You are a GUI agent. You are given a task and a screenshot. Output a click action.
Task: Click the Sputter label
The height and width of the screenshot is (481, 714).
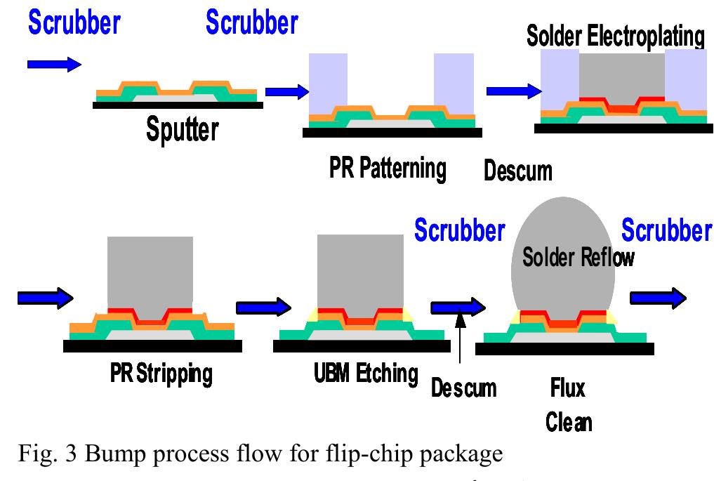click(x=183, y=129)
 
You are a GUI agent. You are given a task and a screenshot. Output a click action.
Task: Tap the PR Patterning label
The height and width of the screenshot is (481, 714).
click(x=388, y=169)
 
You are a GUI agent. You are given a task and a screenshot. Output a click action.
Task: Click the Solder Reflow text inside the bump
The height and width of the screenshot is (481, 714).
click(x=578, y=258)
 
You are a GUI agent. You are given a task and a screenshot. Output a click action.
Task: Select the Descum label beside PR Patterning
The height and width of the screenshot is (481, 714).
click(x=518, y=171)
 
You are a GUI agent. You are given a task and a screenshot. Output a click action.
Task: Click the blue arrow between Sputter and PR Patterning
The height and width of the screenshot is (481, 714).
click(x=287, y=91)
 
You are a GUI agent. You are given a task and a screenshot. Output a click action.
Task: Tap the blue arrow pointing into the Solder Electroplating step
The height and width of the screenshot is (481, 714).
click(x=513, y=91)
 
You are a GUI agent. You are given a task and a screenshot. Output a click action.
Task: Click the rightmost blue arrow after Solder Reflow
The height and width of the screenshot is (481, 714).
click(x=659, y=298)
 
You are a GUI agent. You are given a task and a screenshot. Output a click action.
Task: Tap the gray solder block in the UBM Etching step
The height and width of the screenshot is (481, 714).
click(x=352, y=270)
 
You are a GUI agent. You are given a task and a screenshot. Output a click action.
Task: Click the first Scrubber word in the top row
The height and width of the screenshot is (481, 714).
click(x=74, y=23)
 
